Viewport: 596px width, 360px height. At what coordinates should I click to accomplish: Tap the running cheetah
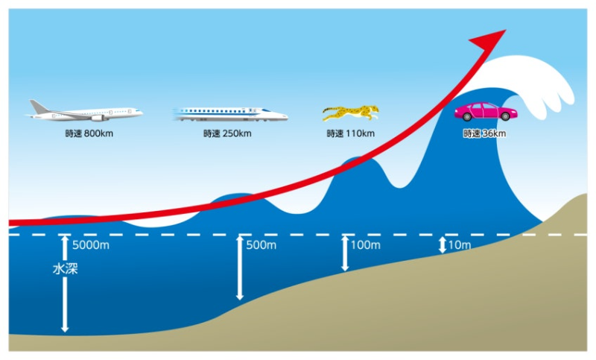(350, 113)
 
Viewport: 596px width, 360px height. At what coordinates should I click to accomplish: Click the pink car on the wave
(485, 112)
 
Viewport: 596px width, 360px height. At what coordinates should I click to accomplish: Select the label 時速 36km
(484, 134)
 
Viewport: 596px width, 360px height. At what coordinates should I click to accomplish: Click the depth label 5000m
(90, 244)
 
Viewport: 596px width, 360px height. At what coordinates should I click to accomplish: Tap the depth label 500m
(261, 244)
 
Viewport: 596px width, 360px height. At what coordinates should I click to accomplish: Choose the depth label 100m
(365, 244)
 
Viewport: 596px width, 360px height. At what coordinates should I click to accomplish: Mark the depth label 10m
(459, 244)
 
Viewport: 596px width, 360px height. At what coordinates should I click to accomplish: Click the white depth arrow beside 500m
(239, 268)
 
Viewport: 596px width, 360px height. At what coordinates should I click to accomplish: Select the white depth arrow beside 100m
(344, 253)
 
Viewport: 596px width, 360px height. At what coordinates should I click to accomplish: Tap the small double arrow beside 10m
(443, 244)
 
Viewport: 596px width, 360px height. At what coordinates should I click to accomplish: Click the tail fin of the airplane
(39, 106)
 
